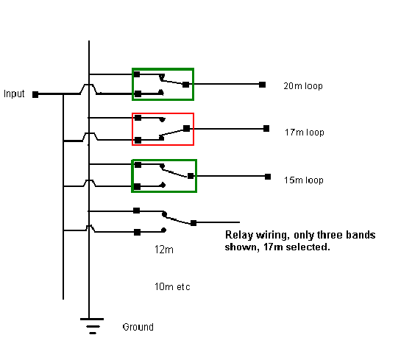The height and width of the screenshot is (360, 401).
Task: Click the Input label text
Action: tap(14, 94)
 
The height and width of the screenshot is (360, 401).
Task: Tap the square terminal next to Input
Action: tap(35, 95)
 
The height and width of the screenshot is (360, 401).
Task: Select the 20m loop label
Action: tap(303, 86)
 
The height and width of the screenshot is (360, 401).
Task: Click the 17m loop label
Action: tap(305, 133)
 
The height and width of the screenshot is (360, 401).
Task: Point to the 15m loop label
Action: tap(304, 180)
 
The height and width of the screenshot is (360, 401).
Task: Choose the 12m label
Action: tap(164, 250)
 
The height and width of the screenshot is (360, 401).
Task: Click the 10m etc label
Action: tap(172, 287)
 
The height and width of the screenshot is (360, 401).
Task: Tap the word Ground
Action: tap(138, 327)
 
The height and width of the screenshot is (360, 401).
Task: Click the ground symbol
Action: tap(92, 326)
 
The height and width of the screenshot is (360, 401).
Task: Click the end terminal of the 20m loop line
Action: tap(262, 85)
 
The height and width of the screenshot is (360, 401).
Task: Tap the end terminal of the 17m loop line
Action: tap(266, 128)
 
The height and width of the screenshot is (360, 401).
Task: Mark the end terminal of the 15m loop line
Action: tap(268, 177)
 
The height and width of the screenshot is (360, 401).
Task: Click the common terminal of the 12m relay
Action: tap(194, 223)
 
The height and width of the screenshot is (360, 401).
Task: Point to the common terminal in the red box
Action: tap(187, 128)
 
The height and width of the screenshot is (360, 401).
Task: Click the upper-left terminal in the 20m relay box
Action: tap(137, 74)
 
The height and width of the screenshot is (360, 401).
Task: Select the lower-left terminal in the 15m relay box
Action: tap(137, 186)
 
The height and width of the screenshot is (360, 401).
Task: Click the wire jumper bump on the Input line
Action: tap(88, 89)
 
